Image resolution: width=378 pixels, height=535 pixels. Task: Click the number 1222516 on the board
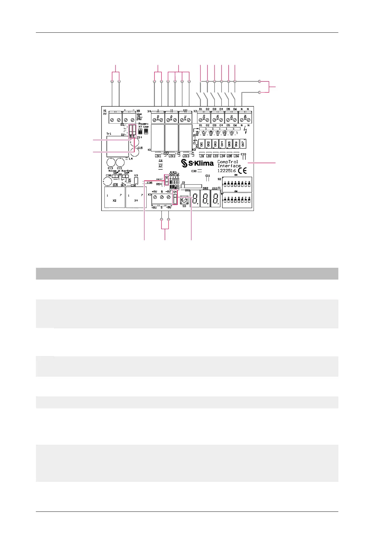click(226, 171)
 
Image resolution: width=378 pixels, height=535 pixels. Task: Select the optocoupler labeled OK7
click(243, 144)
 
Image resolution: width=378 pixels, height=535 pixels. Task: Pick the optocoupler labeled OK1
click(202, 144)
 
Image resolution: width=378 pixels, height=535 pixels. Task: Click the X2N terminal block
click(245, 119)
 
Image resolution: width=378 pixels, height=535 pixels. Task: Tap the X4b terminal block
click(171, 119)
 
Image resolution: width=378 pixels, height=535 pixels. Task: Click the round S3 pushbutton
click(184, 200)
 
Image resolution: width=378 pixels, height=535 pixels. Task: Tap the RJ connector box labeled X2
click(115, 197)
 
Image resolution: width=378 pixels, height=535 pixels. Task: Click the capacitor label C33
click(243, 154)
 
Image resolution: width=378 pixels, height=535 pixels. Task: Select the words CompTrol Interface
click(229, 164)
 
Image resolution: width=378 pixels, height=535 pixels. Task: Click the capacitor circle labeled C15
click(135, 151)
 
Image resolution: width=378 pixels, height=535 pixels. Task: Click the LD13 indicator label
click(186, 156)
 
